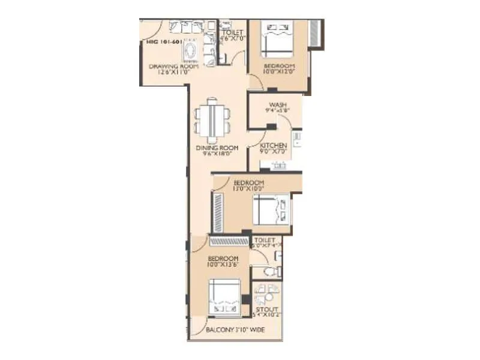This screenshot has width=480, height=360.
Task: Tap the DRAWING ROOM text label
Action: pyautogui.click(x=165, y=66)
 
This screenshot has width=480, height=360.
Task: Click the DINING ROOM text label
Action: pyautogui.click(x=217, y=148)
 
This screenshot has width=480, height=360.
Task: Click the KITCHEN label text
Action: pyautogui.click(x=273, y=146)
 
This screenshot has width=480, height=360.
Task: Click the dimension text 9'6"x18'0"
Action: pyautogui.click(x=217, y=154)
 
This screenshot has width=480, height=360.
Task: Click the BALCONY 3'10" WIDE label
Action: pyautogui.click(x=235, y=331)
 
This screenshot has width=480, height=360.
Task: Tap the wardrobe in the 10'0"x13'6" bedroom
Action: pyautogui.click(x=229, y=241)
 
